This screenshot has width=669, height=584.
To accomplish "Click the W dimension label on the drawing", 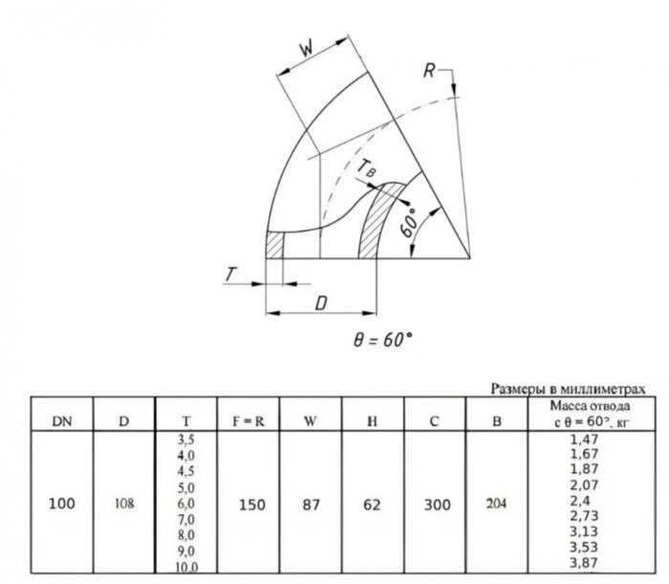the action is [x=306, y=50].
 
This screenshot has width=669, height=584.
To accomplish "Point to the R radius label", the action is [x=429, y=71].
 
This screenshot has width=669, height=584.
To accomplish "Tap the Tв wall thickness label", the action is [x=366, y=167].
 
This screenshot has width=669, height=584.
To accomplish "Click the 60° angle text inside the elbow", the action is [x=409, y=223].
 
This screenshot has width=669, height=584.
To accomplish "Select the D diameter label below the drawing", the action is [x=321, y=303].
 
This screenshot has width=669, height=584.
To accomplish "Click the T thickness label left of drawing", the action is [x=231, y=274].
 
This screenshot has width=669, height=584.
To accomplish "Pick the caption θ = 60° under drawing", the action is [x=382, y=340].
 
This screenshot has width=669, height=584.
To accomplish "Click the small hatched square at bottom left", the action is [x=274, y=245].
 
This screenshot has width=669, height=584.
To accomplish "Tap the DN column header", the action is [x=62, y=422].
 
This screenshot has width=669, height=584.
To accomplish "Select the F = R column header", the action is [x=248, y=422].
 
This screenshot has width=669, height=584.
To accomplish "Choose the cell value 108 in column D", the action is [x=124, y=504].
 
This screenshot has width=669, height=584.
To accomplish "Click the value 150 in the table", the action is [x=252, y=505].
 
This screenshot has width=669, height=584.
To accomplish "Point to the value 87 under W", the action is [x=311, y=505].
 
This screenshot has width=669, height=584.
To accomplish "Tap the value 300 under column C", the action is [x=437, y=505].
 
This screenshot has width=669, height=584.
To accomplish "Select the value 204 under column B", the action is [x=496, y=504].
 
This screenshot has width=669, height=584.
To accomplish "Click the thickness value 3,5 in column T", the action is [x=186, y=440].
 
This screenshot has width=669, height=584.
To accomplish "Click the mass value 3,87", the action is [x=584, y=562].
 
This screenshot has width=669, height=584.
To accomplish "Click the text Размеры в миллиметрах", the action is [x=568, y=389].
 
